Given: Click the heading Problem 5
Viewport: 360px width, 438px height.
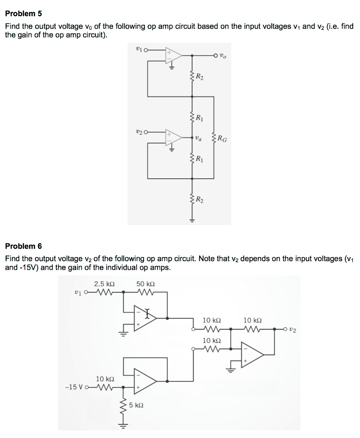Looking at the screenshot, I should point(23,14).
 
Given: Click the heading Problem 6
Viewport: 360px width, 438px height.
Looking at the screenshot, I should point(23,246).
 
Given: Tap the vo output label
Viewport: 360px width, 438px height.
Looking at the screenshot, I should point(223,55).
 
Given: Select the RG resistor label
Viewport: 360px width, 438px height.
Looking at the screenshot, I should point(222,138).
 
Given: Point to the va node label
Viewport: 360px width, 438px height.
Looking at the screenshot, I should point(197,138).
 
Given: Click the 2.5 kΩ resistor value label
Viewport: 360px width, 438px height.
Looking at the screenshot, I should point(104,284).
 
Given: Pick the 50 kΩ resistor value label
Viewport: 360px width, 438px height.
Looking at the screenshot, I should point(146,284).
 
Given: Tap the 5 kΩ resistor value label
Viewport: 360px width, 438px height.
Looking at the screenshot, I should point(136,405).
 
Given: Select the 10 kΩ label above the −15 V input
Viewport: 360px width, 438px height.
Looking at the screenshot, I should point(105,379).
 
